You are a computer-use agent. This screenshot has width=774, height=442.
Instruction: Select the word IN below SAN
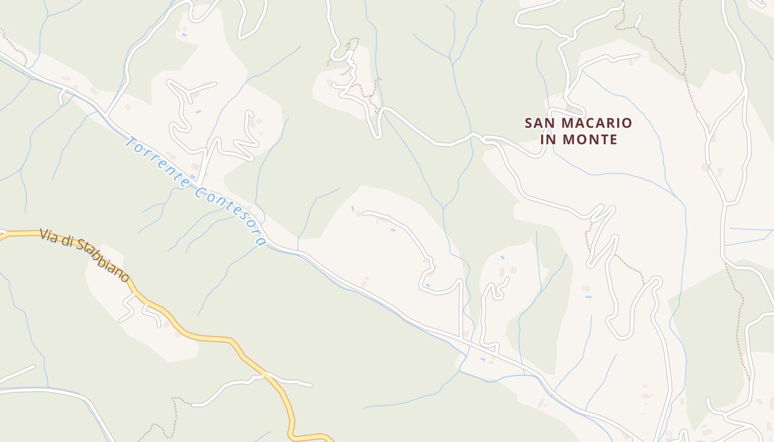click(x=548, y=140)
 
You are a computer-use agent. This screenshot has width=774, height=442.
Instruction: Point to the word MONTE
click(x=590, y=140)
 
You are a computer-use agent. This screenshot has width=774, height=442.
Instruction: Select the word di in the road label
click(x=67, y=243)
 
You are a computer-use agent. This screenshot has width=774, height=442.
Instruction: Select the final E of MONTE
click(x=613, y=140)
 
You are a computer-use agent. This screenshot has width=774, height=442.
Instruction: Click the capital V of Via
click(x=44, y=234)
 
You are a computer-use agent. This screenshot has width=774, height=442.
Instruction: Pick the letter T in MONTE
click(x=602, y=140)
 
